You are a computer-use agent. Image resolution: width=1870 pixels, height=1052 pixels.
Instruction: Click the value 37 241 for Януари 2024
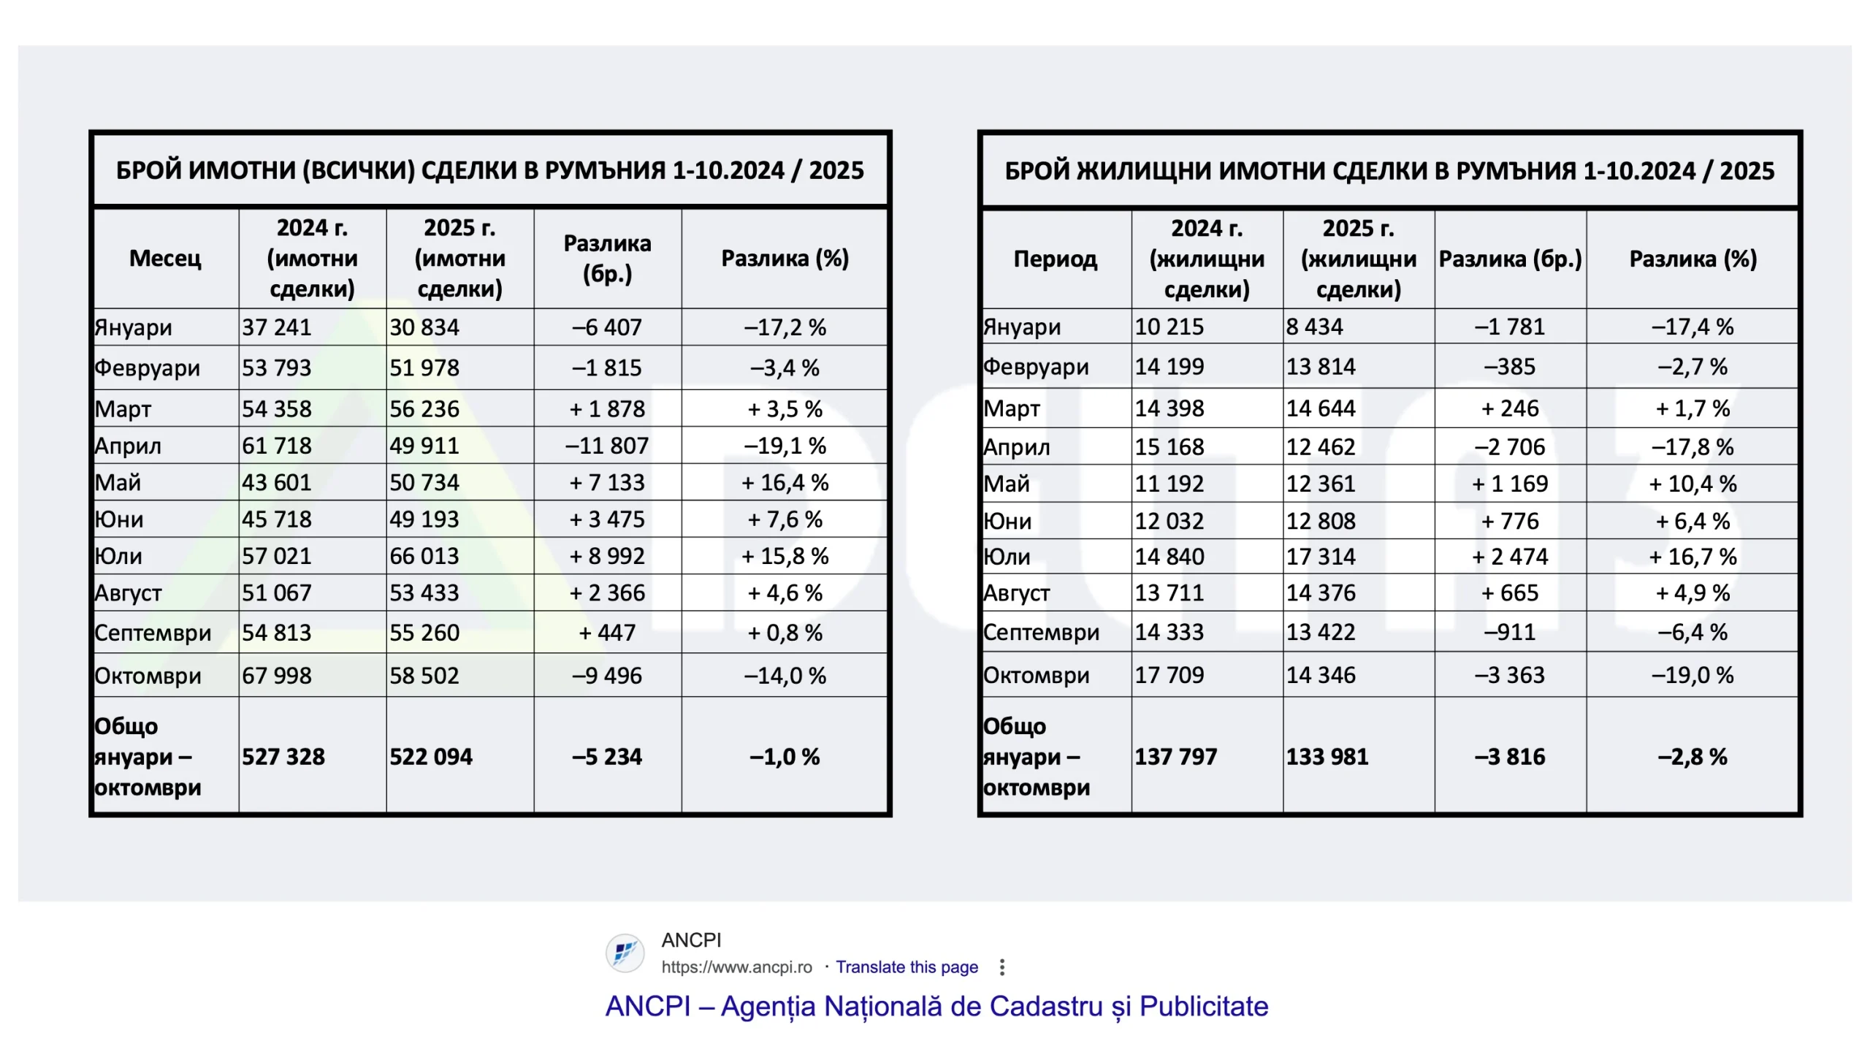tap(277, 327)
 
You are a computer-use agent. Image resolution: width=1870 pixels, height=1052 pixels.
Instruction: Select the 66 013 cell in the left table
tap(424, 556)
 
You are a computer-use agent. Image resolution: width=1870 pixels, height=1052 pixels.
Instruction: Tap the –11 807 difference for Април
tap(607, 446)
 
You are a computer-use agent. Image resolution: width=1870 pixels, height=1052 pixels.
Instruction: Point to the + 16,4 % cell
tap(785, 483)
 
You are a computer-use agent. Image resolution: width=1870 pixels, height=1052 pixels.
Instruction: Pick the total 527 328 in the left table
tap(283, 756)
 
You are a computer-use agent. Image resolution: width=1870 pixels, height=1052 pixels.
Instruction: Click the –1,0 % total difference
tap(785, 756)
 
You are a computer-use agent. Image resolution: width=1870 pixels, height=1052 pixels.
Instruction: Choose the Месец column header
tap(165, 258)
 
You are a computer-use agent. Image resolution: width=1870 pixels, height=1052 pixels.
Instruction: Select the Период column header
tap(1056, 259)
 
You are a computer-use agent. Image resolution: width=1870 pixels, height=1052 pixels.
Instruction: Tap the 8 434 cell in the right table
tap(1315, 327)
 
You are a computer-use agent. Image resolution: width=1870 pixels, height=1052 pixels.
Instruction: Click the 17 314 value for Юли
tap(1321, 557)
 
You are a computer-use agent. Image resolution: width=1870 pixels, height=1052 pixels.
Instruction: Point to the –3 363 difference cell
tap(1510, 675)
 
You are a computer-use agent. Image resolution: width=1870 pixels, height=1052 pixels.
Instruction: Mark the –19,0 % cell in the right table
tap(1692, 675)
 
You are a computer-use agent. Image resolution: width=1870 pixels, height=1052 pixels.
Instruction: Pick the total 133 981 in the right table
tap(1327, 756)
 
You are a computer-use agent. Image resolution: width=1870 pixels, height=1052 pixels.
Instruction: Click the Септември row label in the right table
tap(1041, 632)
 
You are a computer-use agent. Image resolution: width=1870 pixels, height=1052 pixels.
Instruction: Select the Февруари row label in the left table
tap(148, 367)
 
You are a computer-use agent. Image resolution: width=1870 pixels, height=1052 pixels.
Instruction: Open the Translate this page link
tap(907, 967)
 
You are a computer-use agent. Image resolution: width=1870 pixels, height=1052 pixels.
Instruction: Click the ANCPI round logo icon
tap(625, 953)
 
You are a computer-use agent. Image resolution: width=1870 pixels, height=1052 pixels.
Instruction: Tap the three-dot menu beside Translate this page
tap(1002, 967)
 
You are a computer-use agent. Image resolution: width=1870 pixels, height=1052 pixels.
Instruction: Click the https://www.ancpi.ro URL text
tap(736, 967)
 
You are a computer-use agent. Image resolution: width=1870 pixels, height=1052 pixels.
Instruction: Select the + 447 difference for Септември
tap(607, 633)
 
